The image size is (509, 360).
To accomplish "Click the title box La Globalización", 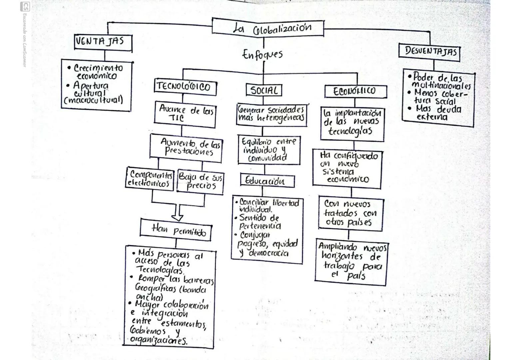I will [x=268, y=28].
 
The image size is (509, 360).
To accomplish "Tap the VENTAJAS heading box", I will [x=103, y=42].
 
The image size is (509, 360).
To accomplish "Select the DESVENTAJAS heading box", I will [x=429, y=52].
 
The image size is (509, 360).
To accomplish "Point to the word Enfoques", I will [x=262, y=54].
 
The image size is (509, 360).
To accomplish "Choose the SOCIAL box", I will [x=264, y=90].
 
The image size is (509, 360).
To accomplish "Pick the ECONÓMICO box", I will [x=355, y=91].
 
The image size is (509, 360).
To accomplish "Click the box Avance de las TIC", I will [x=185, y=114].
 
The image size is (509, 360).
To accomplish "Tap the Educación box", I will [x=267, y=181].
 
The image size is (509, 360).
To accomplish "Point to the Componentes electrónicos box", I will [x=150, y=179].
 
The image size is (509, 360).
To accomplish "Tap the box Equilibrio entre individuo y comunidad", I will [x=268, y=150].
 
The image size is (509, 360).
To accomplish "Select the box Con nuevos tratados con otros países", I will [x=351, y=213].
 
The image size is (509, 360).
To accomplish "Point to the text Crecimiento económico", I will [x=97, y=72].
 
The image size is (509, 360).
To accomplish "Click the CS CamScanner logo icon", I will [x=25, y=6].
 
